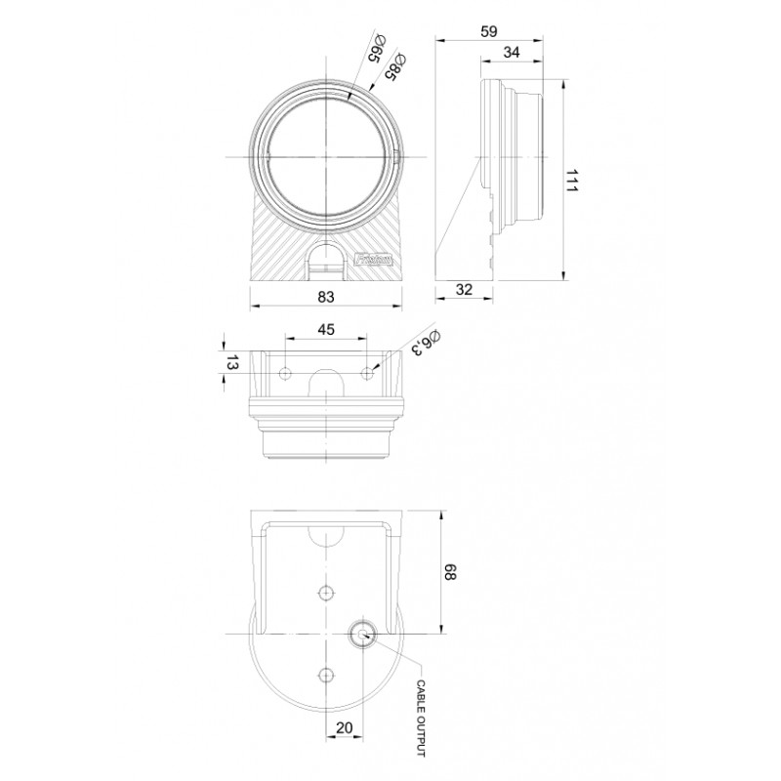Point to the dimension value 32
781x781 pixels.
tap(465, 289)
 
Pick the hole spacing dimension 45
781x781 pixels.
tap(326, 329)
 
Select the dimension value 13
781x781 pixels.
tap(230, 363)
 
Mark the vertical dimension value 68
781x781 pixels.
tap(451, 571)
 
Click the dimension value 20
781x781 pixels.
tap(344, 727)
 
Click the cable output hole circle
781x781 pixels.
tap(362, 635)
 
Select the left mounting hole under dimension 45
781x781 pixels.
tap(285, 373)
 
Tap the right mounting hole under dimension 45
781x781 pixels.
tap(367, 373)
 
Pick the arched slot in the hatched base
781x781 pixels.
tap(326, 265)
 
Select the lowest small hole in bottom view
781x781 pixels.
tap(326, 674)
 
